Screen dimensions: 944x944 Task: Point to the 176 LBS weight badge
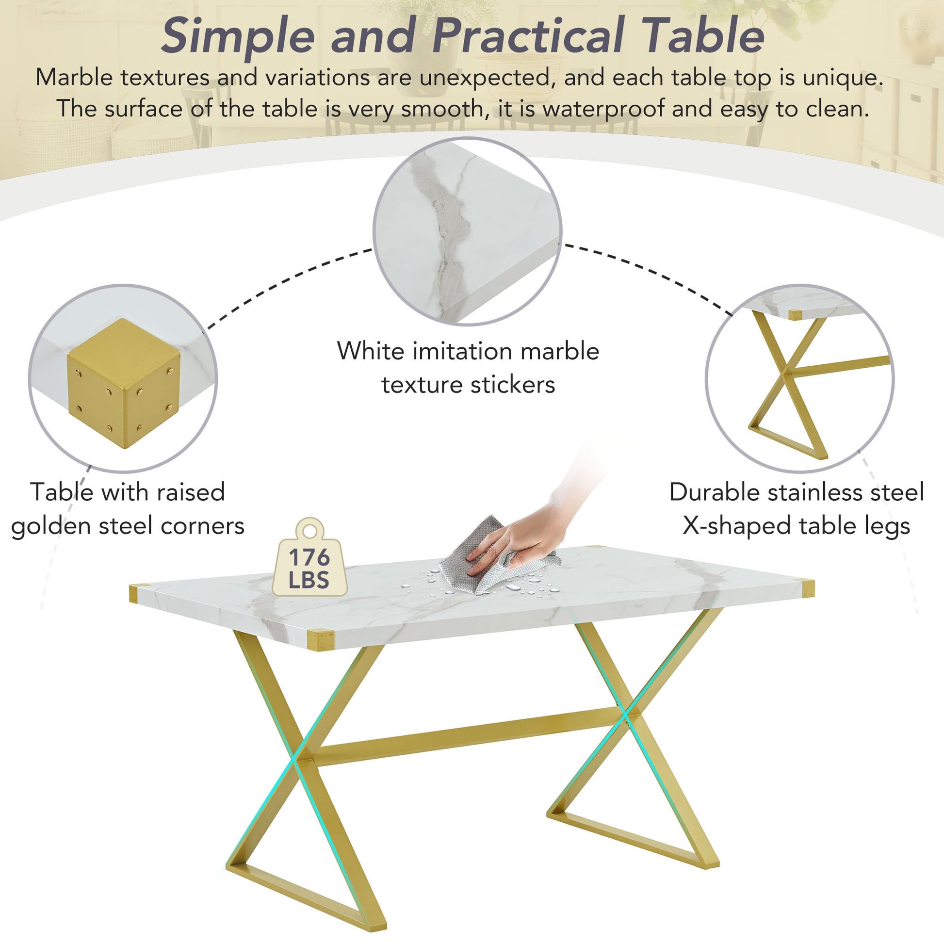click(x=309, y=567)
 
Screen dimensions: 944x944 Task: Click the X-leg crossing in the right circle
click(x=786, y=373)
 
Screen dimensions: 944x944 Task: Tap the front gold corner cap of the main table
click(x=320, y=639)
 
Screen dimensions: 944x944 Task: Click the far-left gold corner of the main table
click(x=139, y=593)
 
